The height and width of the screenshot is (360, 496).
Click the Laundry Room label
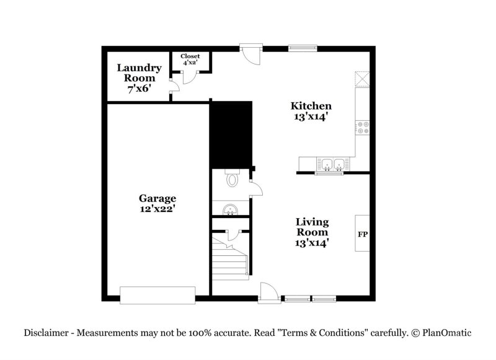click(x=139, y=78)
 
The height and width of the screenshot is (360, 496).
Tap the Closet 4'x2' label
click(x=190, y=59)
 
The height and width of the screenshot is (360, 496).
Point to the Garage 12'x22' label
click(x=157, y=203)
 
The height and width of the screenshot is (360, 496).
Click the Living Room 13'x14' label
click(x=312, y=232)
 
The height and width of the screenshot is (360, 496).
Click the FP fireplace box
click(x=362, y=234)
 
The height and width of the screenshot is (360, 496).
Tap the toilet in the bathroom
click(x=233, y=180)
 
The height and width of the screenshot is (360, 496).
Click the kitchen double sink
click(x=334, y=164)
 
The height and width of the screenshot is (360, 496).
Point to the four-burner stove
click(x=362, y=128)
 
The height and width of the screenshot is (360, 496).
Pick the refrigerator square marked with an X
click(x=362, y=81)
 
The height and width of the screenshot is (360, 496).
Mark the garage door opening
click(x=157, y=296)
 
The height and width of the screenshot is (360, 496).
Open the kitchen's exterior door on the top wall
click(x=251, y=53)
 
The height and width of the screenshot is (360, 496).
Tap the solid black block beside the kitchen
click(x=232, y=134)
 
